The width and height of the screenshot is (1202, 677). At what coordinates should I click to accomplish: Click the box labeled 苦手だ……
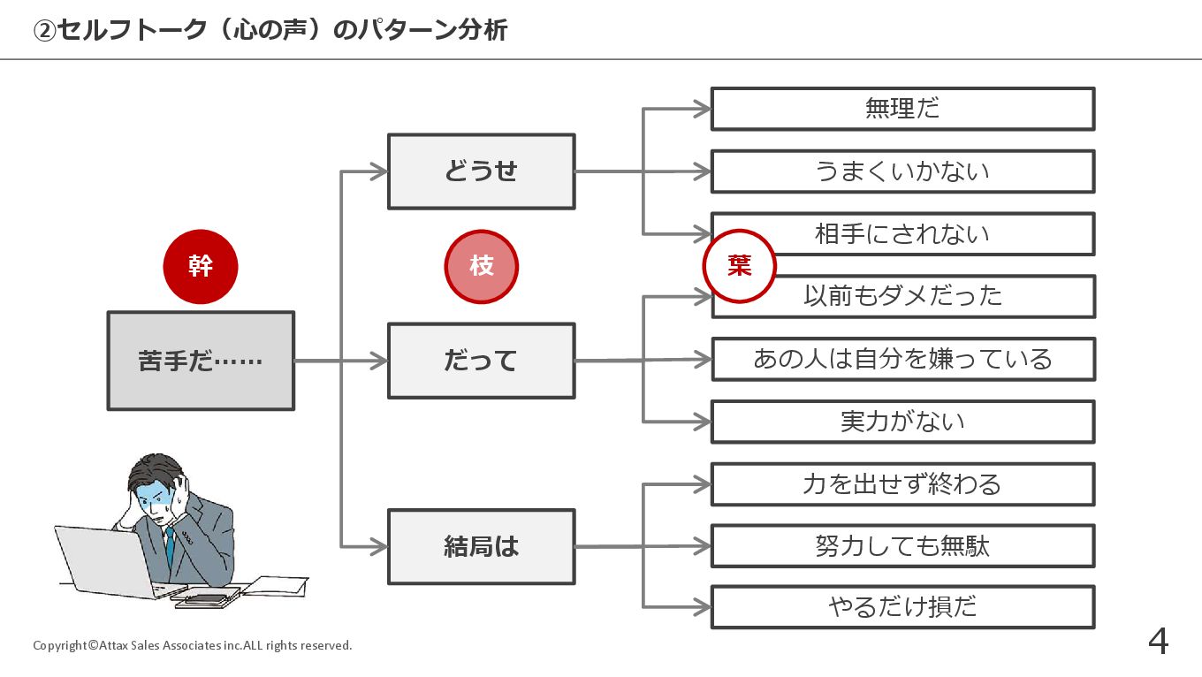[201, 361]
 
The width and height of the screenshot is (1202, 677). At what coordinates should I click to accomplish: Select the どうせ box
[481, 171]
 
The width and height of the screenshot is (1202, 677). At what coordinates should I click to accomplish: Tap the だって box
[481, 361]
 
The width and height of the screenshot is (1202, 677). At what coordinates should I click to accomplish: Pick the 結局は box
[481, 547]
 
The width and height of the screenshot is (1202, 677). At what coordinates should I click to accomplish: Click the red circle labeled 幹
[201, 266]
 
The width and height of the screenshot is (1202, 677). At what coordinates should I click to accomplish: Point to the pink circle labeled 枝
[481, 266]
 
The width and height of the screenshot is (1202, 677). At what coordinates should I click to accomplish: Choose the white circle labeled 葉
[739, 266]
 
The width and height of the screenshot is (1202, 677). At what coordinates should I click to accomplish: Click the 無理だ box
[902, 109]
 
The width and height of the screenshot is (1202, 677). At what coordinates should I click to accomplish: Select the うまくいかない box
[902, 171]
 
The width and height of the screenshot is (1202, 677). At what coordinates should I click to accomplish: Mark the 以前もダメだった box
[902, 297]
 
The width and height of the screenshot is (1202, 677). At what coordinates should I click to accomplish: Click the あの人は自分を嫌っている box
[902, 359]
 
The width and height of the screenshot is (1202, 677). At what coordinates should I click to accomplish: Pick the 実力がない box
[902, 422]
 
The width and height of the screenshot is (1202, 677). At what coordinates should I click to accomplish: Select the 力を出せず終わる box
[902, 484]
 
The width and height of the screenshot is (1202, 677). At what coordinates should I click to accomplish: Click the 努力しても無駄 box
[902, 546]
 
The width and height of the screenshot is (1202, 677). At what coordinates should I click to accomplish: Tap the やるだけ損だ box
[902, 607]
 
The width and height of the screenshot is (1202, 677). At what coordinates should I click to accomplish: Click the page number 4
[1158, 642]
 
